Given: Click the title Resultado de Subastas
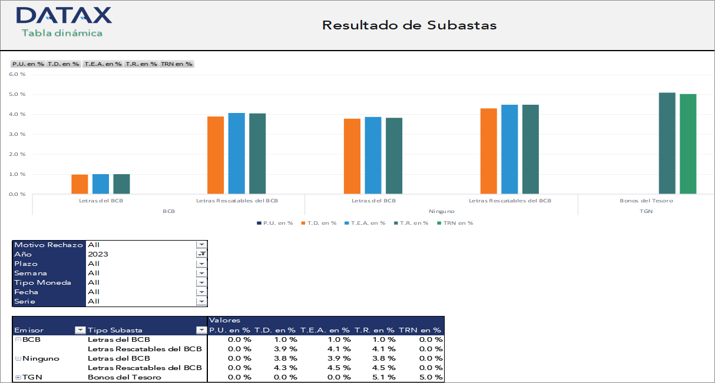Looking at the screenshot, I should [x=409, y=25].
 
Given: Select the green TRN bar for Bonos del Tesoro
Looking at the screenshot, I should [x=688, y=144].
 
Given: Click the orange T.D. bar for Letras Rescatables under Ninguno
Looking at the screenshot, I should [x=488, y=151].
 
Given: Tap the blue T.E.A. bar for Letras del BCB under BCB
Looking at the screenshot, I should [x=101, y=184].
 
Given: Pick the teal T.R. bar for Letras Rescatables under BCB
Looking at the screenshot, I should [x=257, y=153].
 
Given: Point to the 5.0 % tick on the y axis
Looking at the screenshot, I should [x=18, y=94].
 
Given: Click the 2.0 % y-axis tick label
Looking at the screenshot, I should [x=18, y=154].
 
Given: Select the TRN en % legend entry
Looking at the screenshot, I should [x=458, y=223].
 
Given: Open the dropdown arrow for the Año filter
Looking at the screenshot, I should [x=202, y=254].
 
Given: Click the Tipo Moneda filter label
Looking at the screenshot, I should [x=42, y=282].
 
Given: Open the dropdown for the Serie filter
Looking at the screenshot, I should [x=202, y=301].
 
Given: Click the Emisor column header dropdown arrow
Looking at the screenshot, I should [x=80, y=330].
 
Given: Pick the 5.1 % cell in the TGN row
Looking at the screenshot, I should [x=383, y=377].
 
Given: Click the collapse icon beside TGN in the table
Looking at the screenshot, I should [x=18, y=377].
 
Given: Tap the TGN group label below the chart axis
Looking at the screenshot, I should [x=646, y=211].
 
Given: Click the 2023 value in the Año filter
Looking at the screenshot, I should [x=98, y=254].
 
